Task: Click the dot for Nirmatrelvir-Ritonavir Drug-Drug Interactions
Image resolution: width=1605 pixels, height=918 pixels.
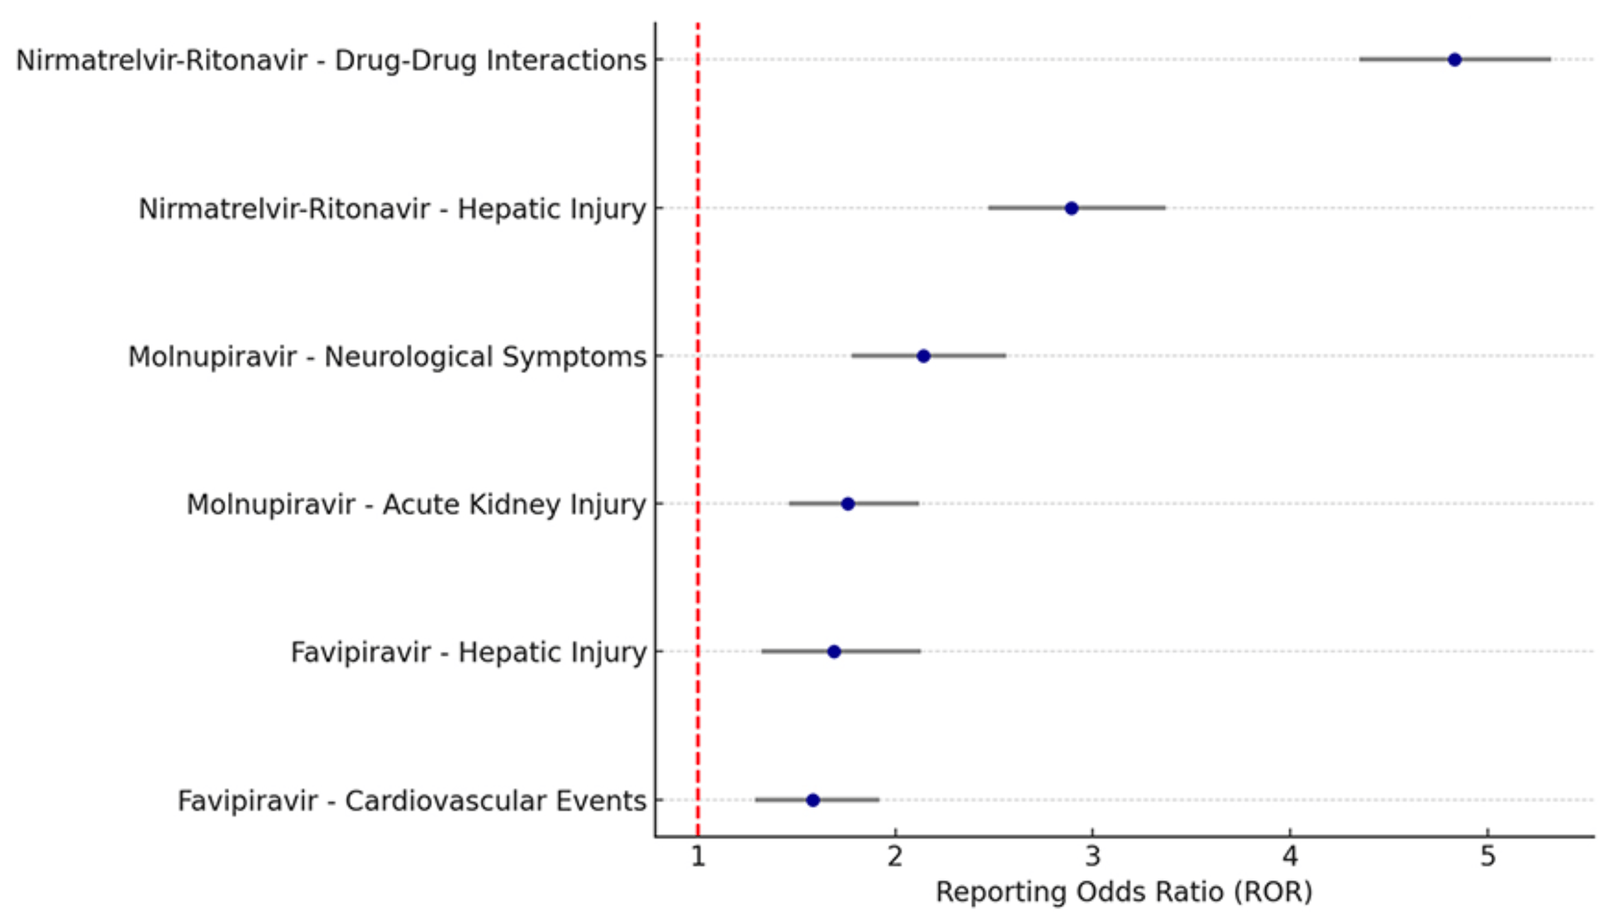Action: (1454, 60)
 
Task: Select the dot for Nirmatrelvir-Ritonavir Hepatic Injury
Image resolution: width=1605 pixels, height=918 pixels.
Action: (1071, 208)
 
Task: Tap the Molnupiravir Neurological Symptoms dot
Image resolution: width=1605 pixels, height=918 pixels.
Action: (923, 356)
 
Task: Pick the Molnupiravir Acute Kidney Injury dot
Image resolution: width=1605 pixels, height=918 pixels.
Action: (848, 504)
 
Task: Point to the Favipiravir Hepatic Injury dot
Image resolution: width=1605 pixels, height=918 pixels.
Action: (834, 651)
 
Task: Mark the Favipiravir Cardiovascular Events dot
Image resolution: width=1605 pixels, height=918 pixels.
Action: (813, 800)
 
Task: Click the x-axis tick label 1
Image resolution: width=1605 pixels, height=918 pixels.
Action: (697, 857)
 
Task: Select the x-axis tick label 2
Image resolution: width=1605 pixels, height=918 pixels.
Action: (895, 857)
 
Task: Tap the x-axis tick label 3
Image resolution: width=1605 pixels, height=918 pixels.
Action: (1092, 857)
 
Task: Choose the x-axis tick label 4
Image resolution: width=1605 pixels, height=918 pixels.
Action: (1290, 857)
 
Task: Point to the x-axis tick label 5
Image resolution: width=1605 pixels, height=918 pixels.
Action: (1488, 857)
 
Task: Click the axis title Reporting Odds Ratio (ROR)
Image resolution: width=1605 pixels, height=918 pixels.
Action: (1124, 892)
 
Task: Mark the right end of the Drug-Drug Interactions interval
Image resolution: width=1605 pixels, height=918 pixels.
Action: (1550, 60)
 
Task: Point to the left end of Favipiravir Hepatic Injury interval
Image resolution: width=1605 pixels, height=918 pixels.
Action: (762, 651)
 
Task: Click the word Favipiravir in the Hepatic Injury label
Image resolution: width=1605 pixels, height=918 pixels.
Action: (360, 652)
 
